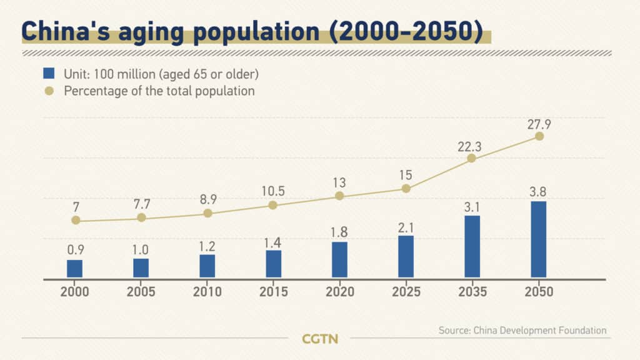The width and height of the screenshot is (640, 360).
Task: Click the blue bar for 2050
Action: pyautogui.click(x=538, y=239)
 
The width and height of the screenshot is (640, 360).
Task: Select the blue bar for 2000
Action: pyautogui.click(x=75, y=269)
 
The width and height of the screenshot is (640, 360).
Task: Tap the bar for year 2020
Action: pyautogui.click(x=339, y=259)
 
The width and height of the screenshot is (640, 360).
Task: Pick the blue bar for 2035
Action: pyautogui.click(x=472, y=246)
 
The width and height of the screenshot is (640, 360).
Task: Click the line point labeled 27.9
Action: pyautogui.click(x=539, y=136)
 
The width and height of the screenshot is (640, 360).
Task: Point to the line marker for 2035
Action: pyautogui.click(x=472, y=158)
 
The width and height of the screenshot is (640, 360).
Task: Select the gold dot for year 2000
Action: pyautogui.click(x=76, y=220)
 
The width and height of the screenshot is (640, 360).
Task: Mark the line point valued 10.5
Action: pyautogui.click(x=272, y=205)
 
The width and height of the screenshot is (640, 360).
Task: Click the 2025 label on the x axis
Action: pyautogui.click(x=406, y=292)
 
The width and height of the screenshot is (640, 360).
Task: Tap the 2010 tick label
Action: pyautogui.click(x=207, y=292)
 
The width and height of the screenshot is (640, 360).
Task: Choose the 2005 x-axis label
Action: pyautogui.click(x=141, y=292)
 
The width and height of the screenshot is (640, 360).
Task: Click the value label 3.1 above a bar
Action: pyautogui.click(x=472, y=206)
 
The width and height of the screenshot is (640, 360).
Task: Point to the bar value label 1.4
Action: pyautogui.click(x=273, y=240)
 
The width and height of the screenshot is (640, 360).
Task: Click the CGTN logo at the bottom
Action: pyautogui.click(x=319, y=339)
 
